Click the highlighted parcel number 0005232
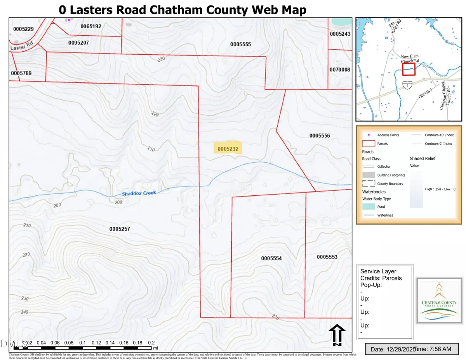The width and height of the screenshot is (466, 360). (x=228, y=148)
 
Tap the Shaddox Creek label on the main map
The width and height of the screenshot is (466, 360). (x=139, y=193)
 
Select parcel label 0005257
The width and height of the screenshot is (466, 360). (x=119, y=229)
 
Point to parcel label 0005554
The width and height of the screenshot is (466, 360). (x=271, y=258)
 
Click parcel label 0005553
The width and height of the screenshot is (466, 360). (x=327, y=257)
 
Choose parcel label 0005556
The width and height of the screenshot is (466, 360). (x=320, y=136)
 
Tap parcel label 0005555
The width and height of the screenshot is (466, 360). (x=240, y=44)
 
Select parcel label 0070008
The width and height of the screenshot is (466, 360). (x=340, y=70)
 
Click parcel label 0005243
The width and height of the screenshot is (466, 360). (x=340, y=34)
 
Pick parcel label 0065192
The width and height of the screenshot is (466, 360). (x=90, y=26)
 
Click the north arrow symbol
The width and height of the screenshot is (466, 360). (x=337, y=335)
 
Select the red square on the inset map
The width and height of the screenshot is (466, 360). (x=409, y=70)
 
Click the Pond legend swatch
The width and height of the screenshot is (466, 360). (x=369, y=207)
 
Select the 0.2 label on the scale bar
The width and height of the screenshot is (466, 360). (x=151, y=343)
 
